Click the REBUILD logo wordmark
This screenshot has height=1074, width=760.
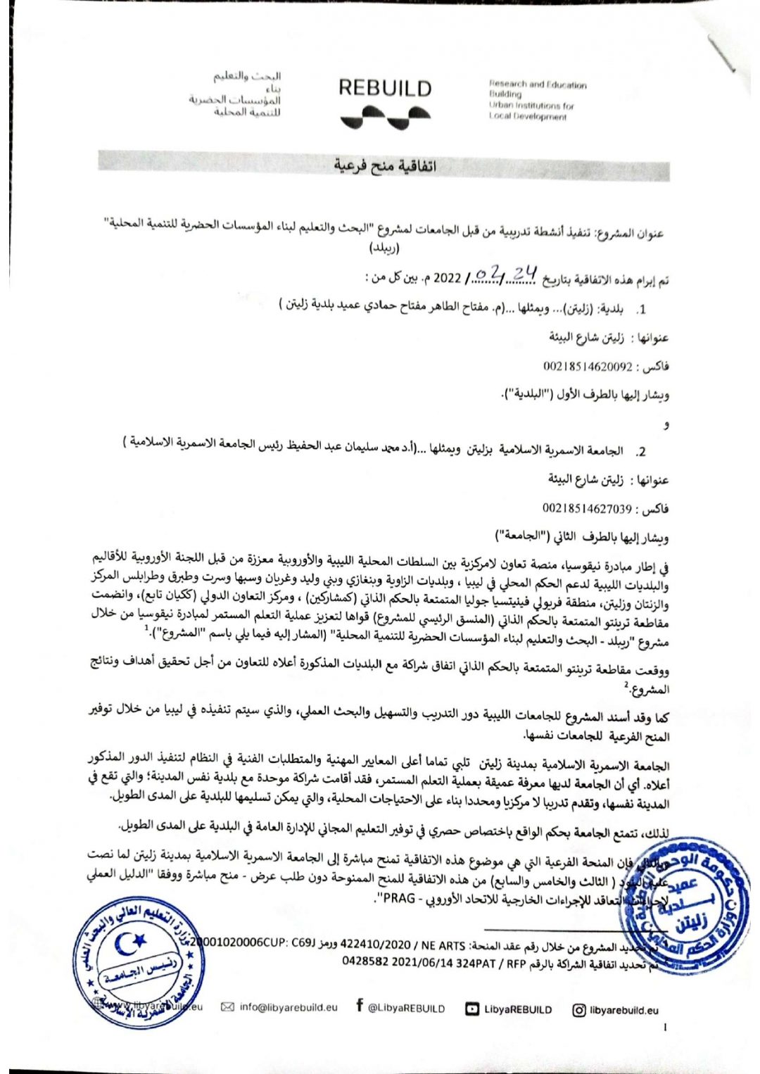click(384, 89)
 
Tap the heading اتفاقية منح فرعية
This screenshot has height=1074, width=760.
click(384, 166)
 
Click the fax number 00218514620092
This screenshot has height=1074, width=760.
click(588, 366)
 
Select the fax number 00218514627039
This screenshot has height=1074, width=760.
click(588, 508)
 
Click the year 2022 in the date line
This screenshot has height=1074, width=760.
click(447, 277)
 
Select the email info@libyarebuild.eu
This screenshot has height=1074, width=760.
click(288, 1007)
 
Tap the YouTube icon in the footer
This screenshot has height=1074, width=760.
click(471, 1009)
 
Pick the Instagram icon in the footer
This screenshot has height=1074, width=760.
click(578, 1010)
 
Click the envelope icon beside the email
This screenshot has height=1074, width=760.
click(227, 1007)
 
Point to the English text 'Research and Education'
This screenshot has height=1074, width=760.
click(538, 84)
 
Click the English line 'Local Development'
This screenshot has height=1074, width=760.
click(528, 117)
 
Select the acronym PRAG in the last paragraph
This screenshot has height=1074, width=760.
click(399, 899)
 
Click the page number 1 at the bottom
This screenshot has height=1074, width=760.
click(665, 1028)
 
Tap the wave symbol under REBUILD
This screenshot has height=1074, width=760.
click(386, 116)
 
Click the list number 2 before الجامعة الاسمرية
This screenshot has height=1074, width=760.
click(641, 452)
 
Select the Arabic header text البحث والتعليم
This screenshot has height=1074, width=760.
click(247, 76)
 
